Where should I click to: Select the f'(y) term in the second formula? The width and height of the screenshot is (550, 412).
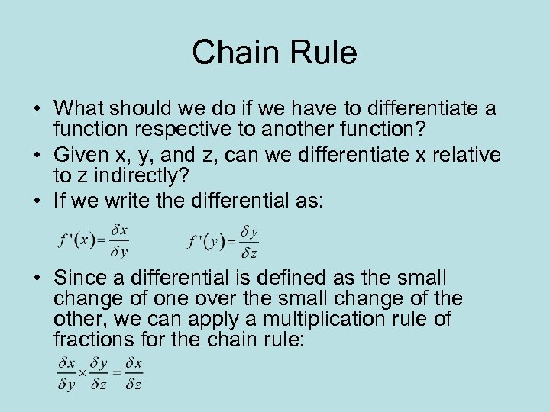(208, 241)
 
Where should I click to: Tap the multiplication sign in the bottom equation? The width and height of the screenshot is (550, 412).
(82, 373)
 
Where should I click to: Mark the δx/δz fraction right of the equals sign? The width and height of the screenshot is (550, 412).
(134, 373)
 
